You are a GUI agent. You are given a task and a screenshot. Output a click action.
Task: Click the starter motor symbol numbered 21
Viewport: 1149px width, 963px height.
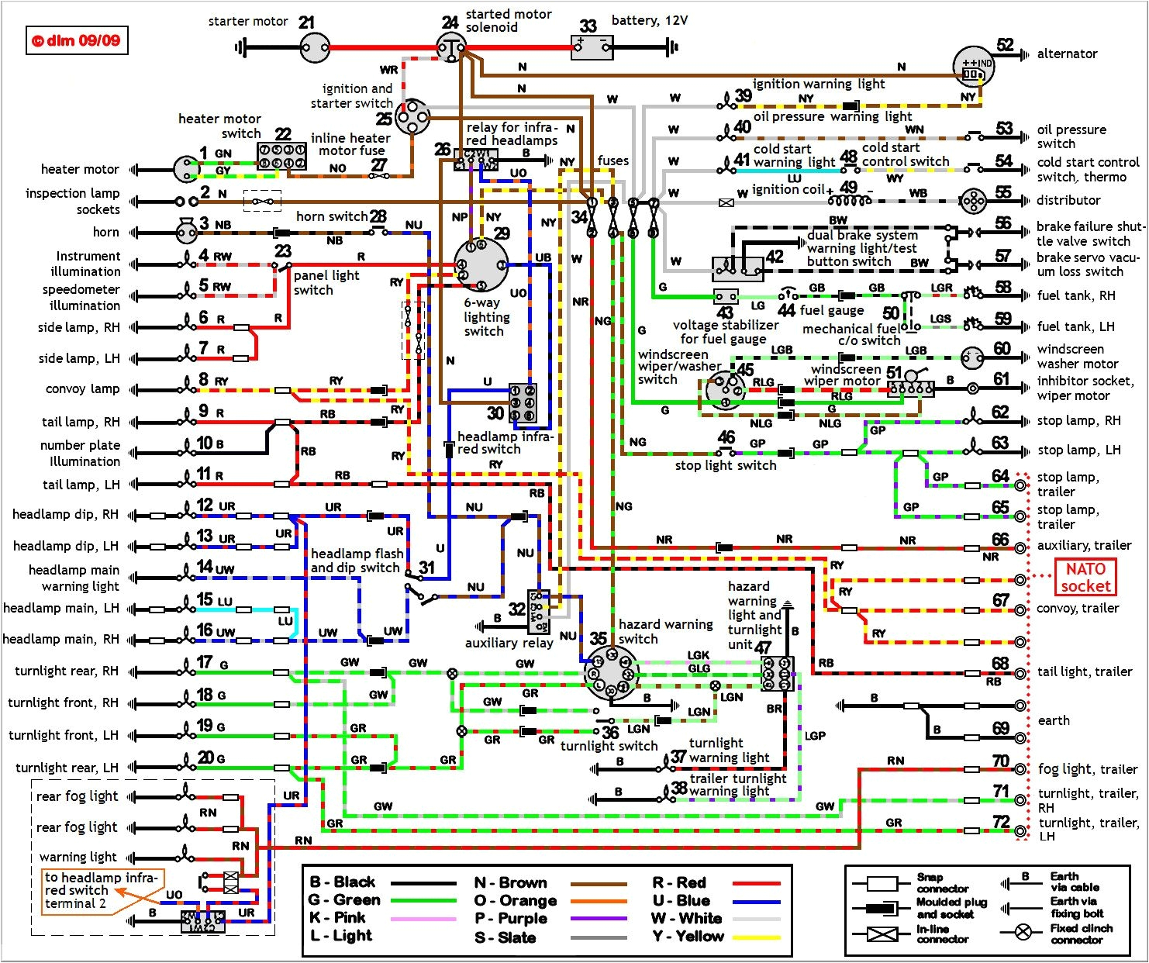click(x=314, y=48)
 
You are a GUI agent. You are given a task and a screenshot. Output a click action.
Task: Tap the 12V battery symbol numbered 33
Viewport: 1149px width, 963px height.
click(x=592, y=48)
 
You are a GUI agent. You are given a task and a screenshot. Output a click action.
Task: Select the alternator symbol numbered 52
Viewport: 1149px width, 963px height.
click(x=973, y=68)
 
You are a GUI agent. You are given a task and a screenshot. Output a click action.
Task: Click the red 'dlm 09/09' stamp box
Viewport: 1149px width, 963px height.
click(x=77, y=41)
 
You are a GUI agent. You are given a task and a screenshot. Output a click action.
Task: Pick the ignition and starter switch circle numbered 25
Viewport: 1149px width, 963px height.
click(x=412, y=118)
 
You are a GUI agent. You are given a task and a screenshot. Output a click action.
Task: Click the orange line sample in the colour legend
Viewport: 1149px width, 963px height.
click(x=599, y=901)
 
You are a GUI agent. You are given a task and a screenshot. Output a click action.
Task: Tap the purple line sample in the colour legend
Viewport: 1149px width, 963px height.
click(x=599, y=919)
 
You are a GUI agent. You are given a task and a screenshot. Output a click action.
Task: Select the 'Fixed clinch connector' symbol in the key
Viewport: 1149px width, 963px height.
click(x=1023, y=932)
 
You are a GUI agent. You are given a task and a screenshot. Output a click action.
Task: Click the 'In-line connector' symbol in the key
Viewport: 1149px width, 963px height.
click(x=882, y=934)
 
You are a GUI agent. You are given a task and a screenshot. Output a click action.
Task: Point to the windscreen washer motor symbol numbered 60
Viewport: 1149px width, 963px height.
click(x=972, y=357)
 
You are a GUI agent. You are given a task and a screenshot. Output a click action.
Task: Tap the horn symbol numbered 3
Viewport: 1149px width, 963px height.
click(x=185, y=231)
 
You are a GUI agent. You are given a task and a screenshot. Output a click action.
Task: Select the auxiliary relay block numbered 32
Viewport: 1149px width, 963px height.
click(x=538, y=611)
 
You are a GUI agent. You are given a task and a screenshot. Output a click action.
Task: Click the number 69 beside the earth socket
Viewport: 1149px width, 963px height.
click(x=1000, y=729)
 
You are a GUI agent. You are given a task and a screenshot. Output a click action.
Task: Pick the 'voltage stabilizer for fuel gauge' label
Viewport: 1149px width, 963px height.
click(x=725, y=332)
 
